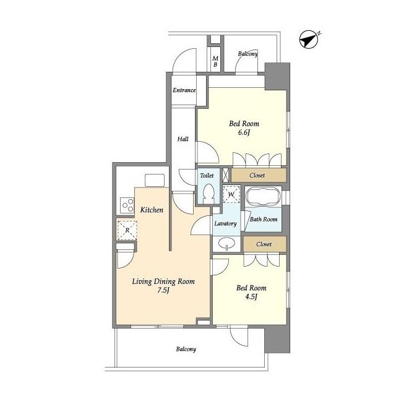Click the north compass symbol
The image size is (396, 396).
(x=309, y=40)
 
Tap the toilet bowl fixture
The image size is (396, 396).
(x=209, y=194)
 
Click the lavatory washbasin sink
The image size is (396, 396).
(x=226, y=244)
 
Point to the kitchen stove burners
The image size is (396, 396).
(x=127, y=205)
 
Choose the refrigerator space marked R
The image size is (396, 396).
(x=127, y=230)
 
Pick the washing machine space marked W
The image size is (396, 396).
(x=231, y=194)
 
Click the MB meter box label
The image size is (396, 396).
(x=215, y=61)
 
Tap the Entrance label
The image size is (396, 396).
(x=184, y=90)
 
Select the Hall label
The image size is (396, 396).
(x=183, y=139)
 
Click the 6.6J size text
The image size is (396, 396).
(x=244, y=132)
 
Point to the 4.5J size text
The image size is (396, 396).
(x=251, y=296)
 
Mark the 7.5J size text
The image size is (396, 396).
(x=163, y=290)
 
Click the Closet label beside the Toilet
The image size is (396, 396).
(x=257, y=175)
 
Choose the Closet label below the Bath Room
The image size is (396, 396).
(x=264, y=244)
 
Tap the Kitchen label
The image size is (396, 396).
(x=152, y=210)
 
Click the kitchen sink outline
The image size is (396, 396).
(x=155, y=180)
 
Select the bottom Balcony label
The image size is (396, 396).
(x=186, y=349)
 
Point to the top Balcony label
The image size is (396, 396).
(x=247, y=54)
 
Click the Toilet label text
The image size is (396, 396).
(x=207, y=176)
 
